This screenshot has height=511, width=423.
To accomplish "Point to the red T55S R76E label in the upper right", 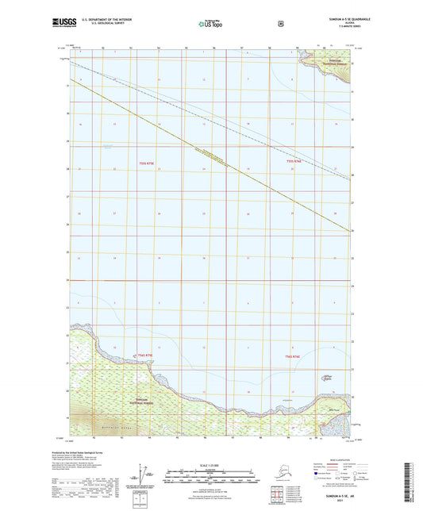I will (x=295, y=162).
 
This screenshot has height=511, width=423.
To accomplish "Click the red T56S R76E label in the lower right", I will (x=292, y=357).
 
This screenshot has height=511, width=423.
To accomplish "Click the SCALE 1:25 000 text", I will (x=210, y=464).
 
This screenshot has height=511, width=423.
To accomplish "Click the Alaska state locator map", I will (x=274, y=480).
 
